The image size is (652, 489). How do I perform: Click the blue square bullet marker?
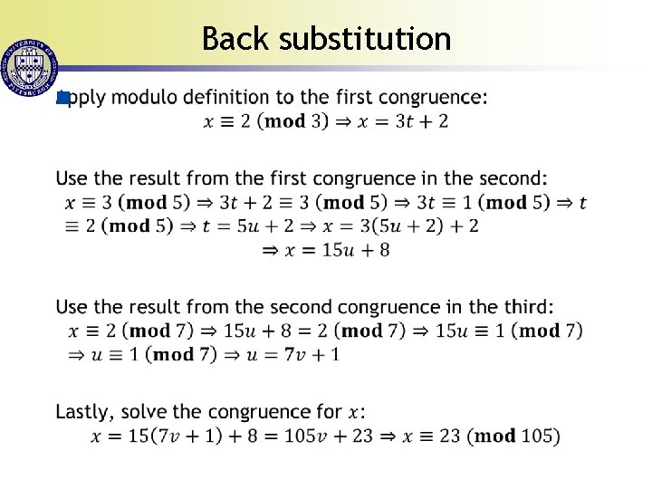(62, 97)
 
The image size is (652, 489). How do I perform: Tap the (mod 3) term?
(295, 120)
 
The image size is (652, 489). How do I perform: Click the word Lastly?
(84, 412)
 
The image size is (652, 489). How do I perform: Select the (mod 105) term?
(517, 436)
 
